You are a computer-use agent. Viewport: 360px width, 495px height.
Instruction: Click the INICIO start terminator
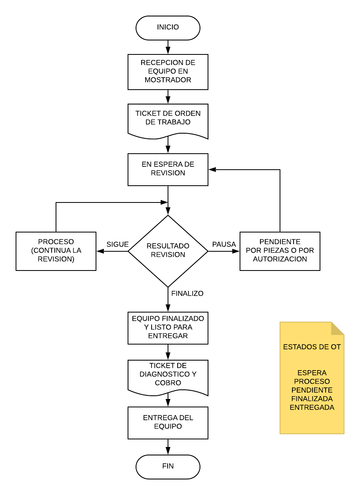[x=168, y=28]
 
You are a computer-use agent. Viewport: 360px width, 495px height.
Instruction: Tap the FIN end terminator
[x=168, y=467]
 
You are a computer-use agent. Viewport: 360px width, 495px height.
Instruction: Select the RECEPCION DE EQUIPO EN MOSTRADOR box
[x=168, y=72]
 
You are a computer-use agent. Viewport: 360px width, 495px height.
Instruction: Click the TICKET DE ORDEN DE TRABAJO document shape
[x=168, y=121]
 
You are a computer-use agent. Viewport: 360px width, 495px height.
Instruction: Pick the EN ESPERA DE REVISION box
[x=168, y=170]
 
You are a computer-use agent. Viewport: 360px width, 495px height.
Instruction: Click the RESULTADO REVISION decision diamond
[x=168, y=251]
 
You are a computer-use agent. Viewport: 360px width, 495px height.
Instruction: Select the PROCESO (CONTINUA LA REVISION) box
[x=56, y=251]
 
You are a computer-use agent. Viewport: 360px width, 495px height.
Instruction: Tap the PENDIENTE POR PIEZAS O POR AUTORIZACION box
[x=280, y=251]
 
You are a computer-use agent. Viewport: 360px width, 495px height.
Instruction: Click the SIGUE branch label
[x=118, y=244]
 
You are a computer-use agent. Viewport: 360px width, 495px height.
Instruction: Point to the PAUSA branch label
[x=224, y=244]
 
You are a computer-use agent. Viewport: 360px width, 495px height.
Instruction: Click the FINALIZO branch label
[x=187, y=293]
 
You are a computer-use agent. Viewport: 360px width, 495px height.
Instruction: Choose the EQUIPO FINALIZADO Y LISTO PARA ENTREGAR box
[x=168, y=328]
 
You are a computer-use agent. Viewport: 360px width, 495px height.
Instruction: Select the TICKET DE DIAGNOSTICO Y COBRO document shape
[x=168, y=377]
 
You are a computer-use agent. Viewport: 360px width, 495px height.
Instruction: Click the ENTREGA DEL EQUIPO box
[x=168, y=423]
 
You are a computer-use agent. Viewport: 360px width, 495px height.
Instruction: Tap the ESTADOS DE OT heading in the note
[x=312, y=347]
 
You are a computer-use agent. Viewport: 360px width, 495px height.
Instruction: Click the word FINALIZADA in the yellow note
[x=312, y=399]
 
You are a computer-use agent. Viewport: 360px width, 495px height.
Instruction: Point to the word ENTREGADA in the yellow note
[x=312, y=407]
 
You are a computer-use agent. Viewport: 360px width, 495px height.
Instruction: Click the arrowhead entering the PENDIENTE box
[x=236, y=251]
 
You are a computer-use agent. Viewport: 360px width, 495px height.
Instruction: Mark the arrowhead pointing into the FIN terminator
[x=168, y=451]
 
